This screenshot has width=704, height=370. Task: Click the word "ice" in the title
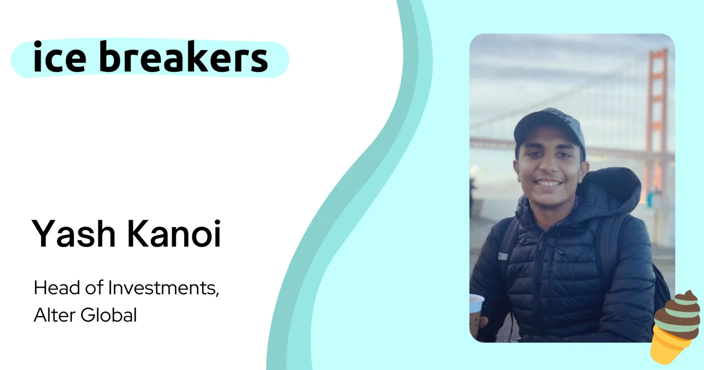pyautogui.click(x=59, y=57)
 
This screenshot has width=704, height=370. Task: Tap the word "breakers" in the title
pyautogui.click(x=183, y=56)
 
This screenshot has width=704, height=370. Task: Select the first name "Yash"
pyautogui.click(x=73, y=233)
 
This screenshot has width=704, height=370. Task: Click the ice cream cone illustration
pyautogui.click(x=676, y=327)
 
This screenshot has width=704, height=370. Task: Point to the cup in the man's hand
pyautogui.click(x=477, y=311)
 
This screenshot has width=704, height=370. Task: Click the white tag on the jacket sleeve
pyautogui.click(x=503, y=256)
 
